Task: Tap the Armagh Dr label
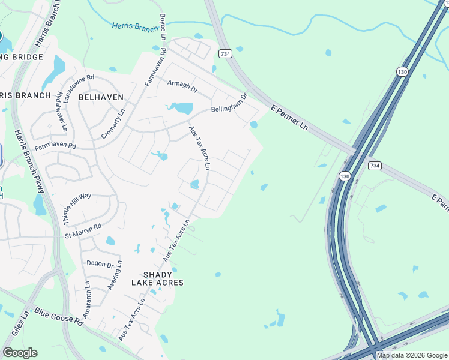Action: pyautogui.click(x=182, y=85)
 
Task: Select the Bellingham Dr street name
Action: pyautogui.click(x=229, y=103)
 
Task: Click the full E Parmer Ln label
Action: pyautogui.click(x=289, y=119)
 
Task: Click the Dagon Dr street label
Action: pyautogui.click(x=100, y=263)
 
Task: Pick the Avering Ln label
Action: pyautogui.click(x=114, y=275)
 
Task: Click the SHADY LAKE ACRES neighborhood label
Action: pyautogui.click(x=157, y=277)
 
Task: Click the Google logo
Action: pyautogui.click(x=20, y=353)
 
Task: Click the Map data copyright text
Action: pyautogui.click(x=412, y=355)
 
